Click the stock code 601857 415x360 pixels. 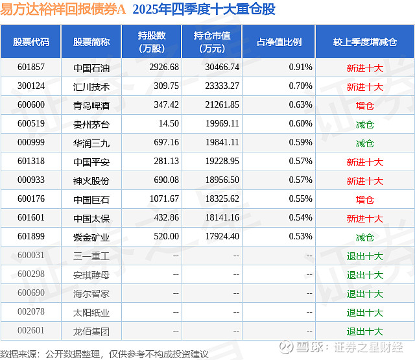click(30, 67)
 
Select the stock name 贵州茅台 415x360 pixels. click(91, 124)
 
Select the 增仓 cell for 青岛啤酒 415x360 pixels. click(365, 105)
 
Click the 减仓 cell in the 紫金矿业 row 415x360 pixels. click(365, 237)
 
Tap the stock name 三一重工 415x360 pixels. click(91, 256)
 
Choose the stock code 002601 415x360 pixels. click(30, 331)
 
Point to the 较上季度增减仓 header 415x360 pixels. click(365, 42)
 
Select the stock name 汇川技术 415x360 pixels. click(91, 86)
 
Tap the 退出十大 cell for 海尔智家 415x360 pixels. click(365, 294)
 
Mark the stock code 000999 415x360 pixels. click(30, 143)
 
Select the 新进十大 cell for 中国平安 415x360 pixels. click(365, 162)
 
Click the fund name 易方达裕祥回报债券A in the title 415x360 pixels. click(64, 10)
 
